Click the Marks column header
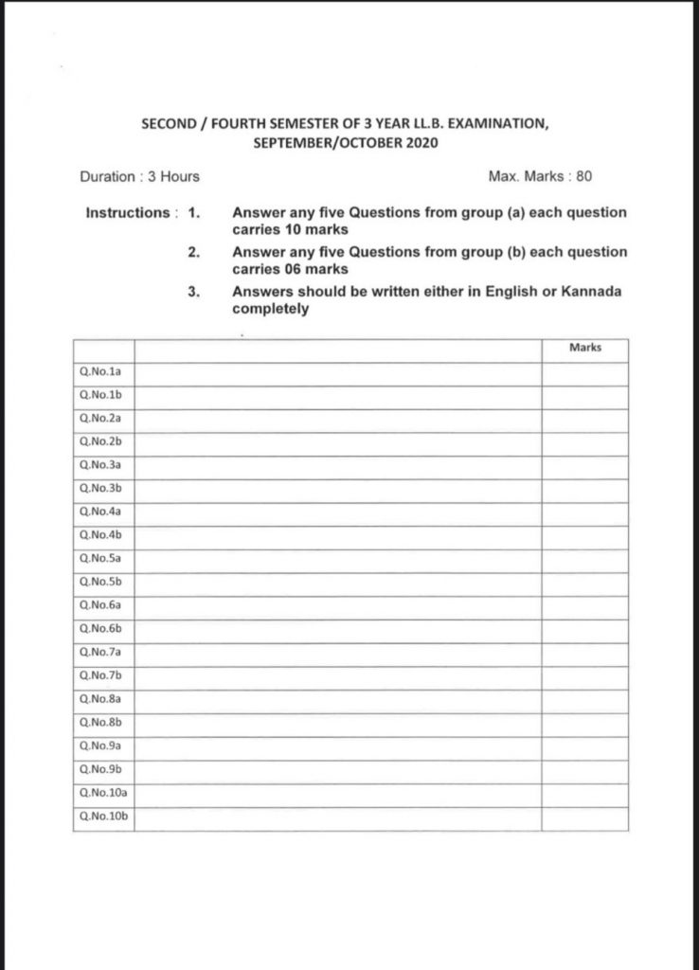click(585, 348)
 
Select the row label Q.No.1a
click(96, 373)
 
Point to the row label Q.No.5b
click(96, 581)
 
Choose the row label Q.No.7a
click(96, 652)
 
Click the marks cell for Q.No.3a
click(585, 466)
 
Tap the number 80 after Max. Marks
click(584, 176)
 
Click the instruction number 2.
click(193, 252)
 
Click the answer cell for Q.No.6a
click(337, 604)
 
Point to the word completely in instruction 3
click(270, 308)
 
